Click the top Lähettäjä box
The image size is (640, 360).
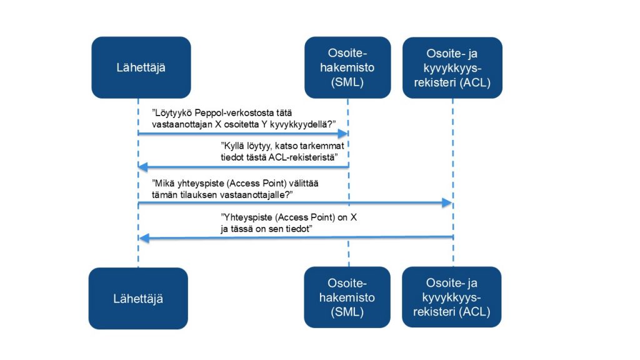(x=141, y=67)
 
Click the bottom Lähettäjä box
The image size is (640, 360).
(x=138, y=299)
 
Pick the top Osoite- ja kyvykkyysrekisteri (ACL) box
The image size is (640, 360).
(x=452, y=67)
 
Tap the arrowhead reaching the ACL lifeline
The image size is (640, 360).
(x=447, y=203)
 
